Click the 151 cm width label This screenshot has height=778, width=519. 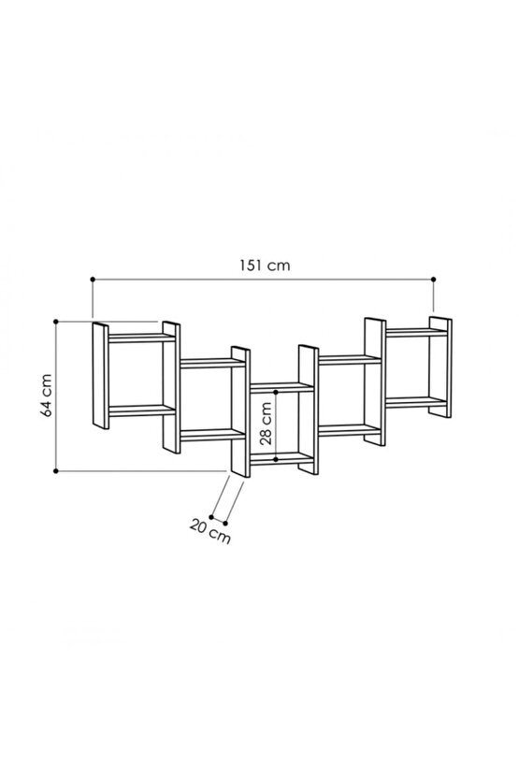[265, 266]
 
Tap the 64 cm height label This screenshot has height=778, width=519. [47, 396]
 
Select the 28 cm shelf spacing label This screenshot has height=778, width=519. [266, 424]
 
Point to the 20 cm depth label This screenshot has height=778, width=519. [209, 531]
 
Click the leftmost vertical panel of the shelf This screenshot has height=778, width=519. [101, 376]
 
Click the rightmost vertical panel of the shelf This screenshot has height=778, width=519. [440, 367]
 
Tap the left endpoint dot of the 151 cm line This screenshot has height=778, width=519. [93, 280]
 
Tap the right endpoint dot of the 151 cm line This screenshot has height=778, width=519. [434, 280]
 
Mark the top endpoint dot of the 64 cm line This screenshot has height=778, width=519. [55, 322]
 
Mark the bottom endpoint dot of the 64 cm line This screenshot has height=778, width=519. [55, 471]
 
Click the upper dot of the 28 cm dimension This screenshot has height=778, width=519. [276, 392]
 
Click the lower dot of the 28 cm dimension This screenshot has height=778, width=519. [276, 459]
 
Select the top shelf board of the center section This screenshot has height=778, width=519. [281, 387]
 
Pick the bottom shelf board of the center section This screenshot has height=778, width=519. [281, 458]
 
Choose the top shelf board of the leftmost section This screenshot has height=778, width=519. [142, 338]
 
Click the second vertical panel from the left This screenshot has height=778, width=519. [172, 387]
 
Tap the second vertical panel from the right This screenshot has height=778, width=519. [375, 382]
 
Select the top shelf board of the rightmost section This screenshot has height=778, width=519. [417, 333]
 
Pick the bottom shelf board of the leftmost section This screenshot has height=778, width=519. [142, 411]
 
